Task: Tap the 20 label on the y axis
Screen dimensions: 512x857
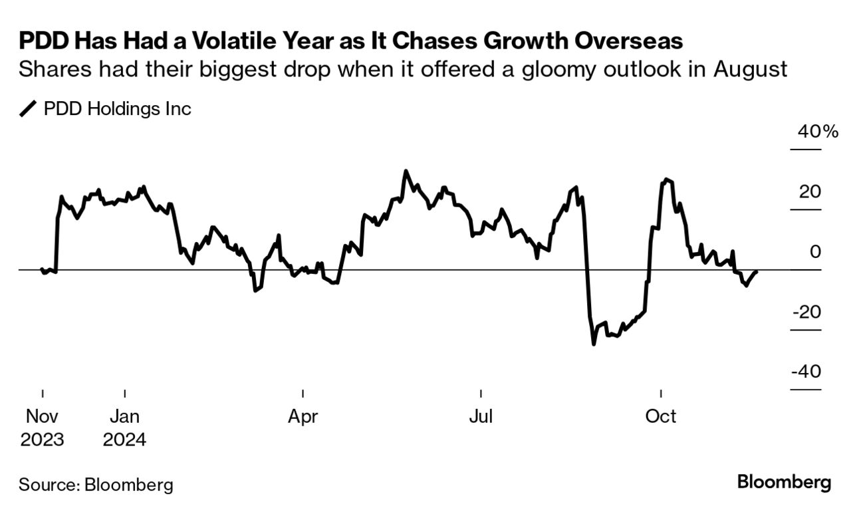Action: point(810,192)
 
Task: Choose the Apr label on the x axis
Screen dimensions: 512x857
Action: point(303,417)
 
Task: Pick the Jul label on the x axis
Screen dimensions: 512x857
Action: point(481,417)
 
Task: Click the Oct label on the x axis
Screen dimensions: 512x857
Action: point(661,417)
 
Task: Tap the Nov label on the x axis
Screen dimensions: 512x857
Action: point(42,417)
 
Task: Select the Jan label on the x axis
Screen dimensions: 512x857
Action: point(125,417)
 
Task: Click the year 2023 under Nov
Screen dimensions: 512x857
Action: point(42,440)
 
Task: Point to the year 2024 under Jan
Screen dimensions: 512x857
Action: point(125,440)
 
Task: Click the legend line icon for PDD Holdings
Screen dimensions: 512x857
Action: point(29,109)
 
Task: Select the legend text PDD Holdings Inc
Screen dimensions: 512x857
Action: point(117,109)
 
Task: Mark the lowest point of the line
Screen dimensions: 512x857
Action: point(594,344)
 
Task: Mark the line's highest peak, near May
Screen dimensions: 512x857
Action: point(406,172)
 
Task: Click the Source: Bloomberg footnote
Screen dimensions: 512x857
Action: point(96,484)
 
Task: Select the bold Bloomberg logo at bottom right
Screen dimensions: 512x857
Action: point(784,482)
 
